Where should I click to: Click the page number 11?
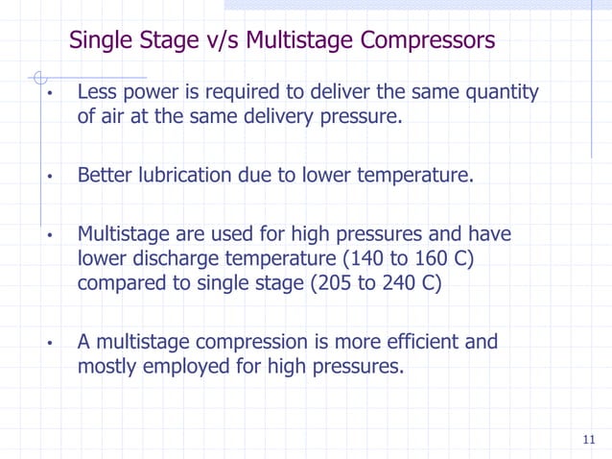point(588,441)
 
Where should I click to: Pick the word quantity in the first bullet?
point(500,93)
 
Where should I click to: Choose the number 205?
point(328,284)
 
